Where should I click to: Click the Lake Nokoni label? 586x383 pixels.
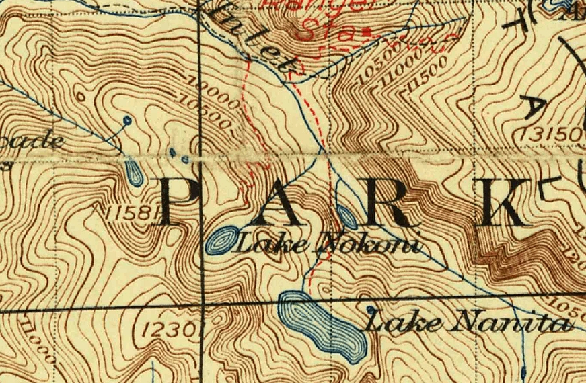[328, 243]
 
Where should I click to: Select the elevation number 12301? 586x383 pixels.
[172, 329]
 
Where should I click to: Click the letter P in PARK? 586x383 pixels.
[180, 203]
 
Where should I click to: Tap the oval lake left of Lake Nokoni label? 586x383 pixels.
[221, 241]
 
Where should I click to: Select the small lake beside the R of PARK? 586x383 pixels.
[346, 216]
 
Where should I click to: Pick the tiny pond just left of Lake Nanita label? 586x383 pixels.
[370, 309]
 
